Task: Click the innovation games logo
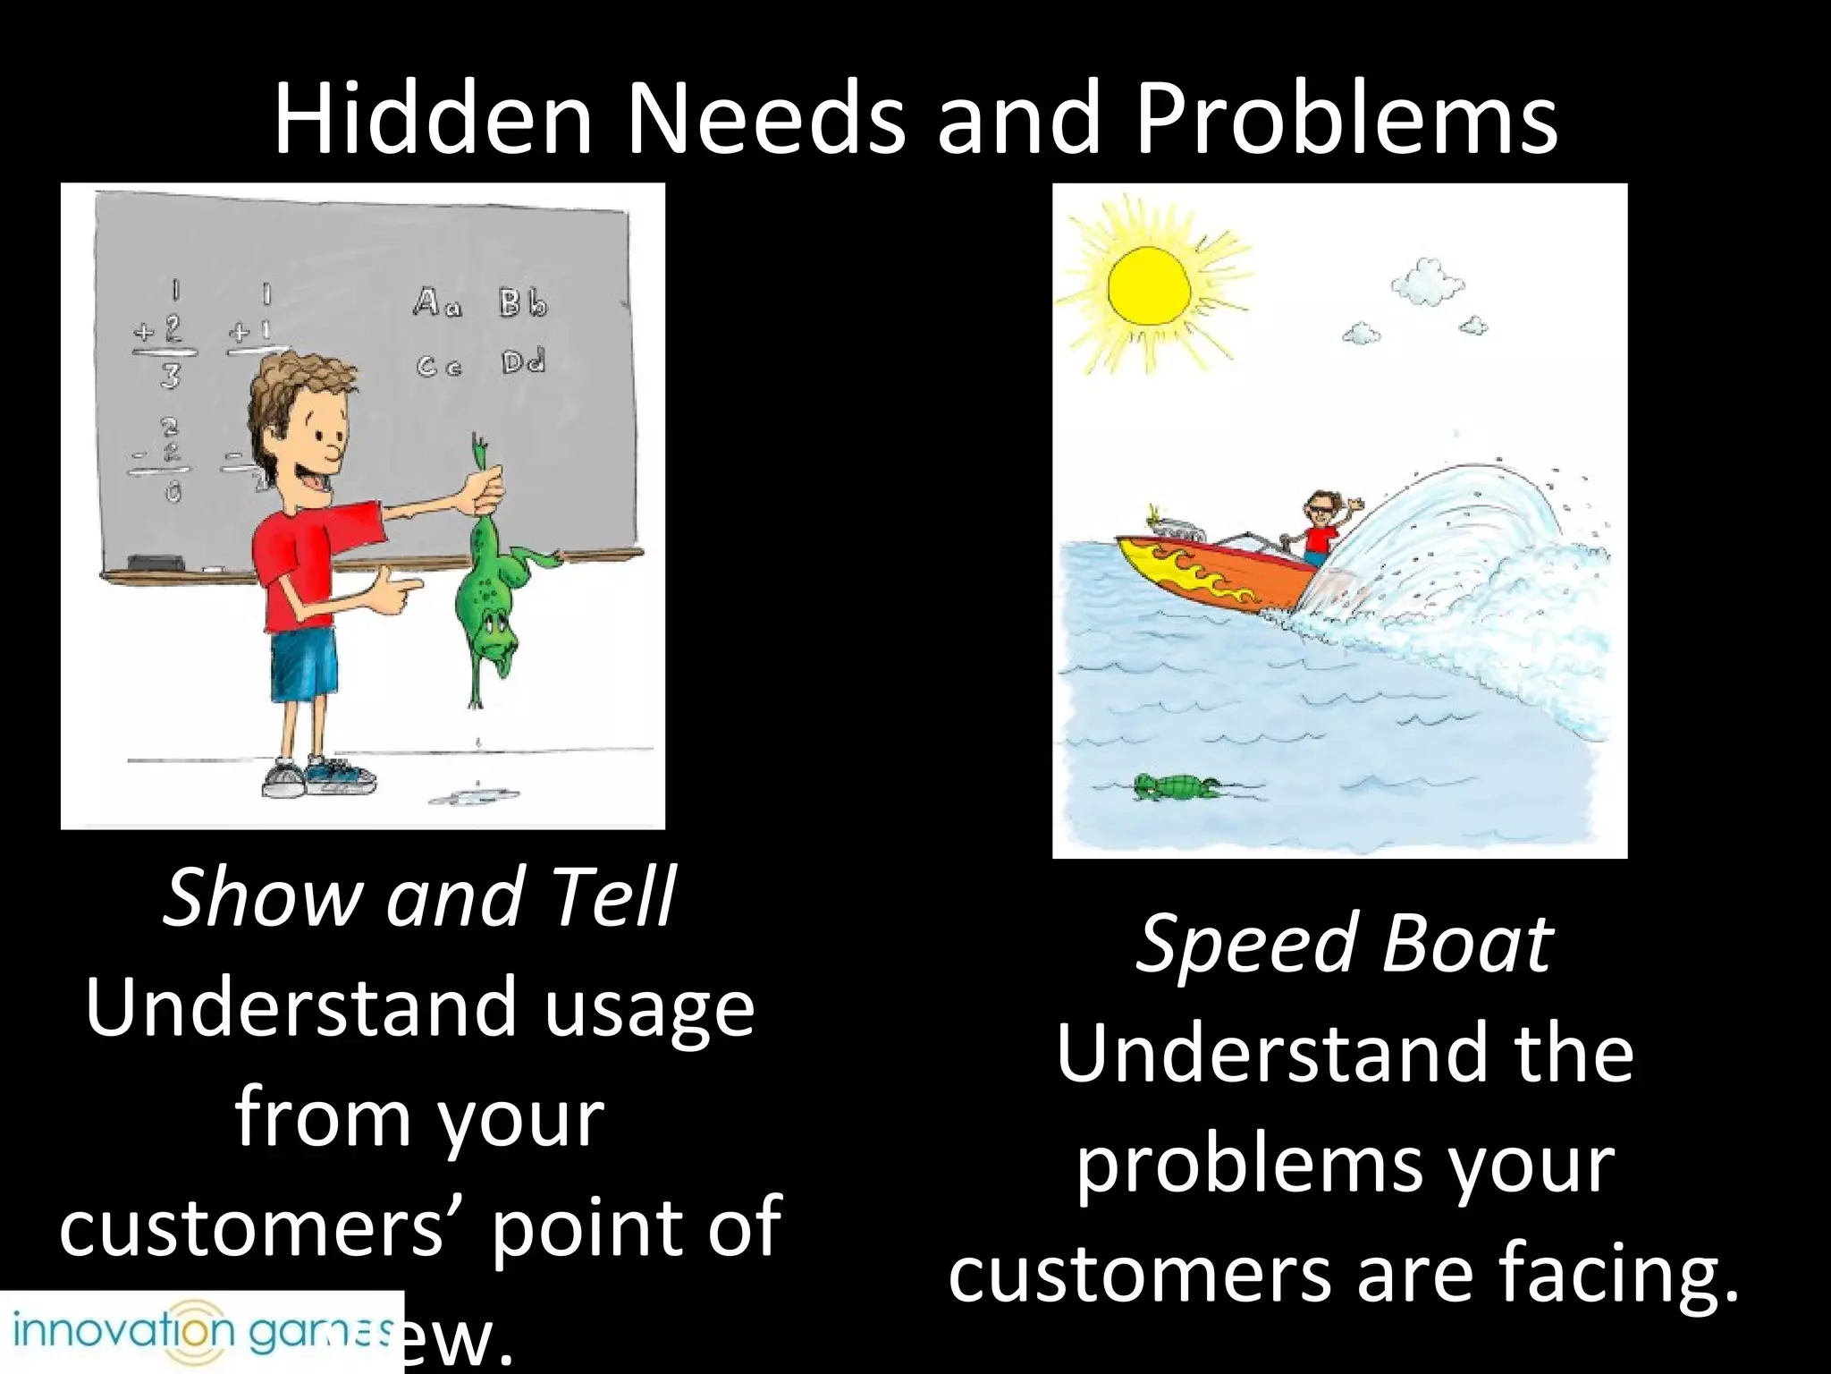pyautogui.click(x=201, y=1332)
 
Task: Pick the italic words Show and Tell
pyautogui.click(x=418, y=896)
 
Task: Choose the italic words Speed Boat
pyautogui.click(x=1344, y=943)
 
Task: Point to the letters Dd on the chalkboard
pyautogui.click(x=523, y=362)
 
